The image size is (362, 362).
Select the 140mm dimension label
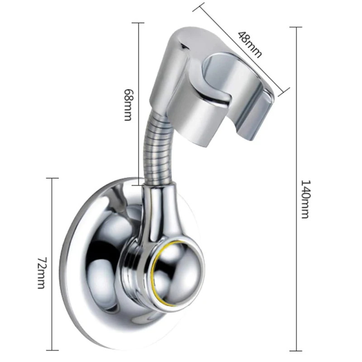(x=305, y=199)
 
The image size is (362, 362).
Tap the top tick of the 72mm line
(x=52, y=178)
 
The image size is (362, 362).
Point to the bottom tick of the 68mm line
(x=138, y=184)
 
